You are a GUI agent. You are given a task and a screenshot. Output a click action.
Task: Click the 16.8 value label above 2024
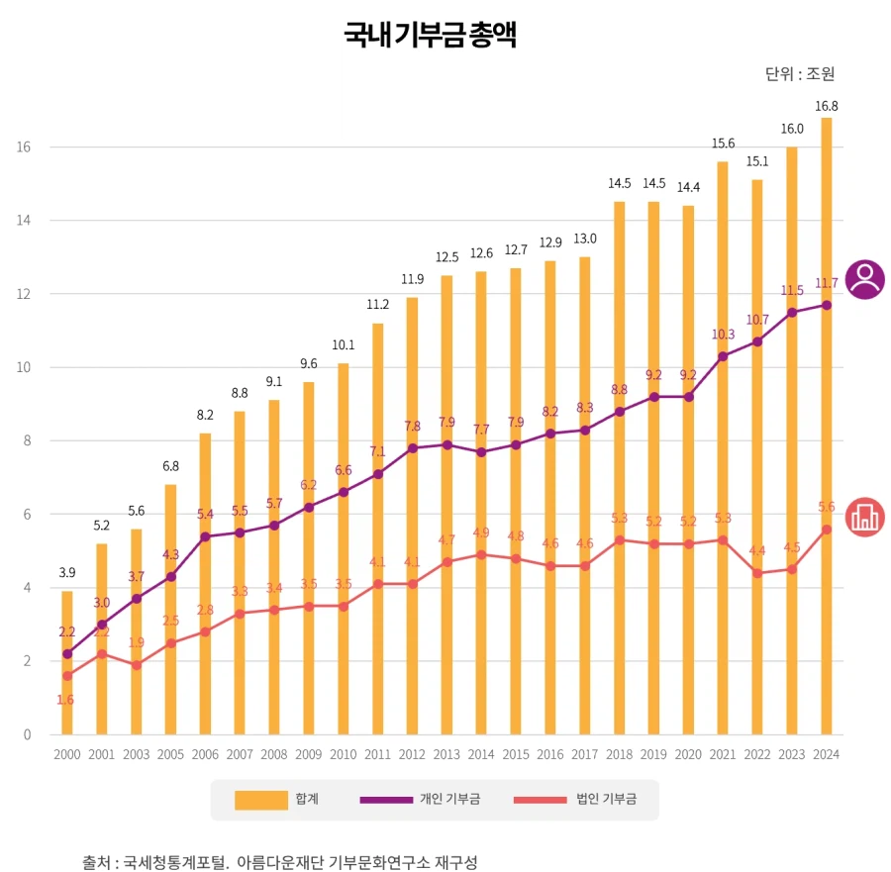[826, 106]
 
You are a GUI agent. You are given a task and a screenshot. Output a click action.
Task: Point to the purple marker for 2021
[723, 356]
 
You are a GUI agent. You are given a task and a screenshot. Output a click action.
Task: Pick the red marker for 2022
[757, 573]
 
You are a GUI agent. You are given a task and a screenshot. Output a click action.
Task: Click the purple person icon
[865, 279]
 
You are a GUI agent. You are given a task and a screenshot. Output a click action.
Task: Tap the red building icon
[865, 517]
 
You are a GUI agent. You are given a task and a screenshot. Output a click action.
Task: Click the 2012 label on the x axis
[413, 754]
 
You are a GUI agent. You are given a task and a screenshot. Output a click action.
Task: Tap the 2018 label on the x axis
[620, 754]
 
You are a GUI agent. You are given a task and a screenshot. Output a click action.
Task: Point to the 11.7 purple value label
[826, 283]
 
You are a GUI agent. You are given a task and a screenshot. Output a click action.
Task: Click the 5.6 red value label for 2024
[827, 507]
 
